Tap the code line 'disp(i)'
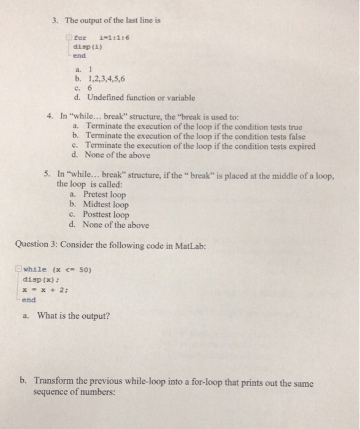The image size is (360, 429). (x=85, y=45)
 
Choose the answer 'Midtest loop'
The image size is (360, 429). (x=105, y=205)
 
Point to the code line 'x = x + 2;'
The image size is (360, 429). (x=44, y=290)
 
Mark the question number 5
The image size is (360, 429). (x=47, y=175)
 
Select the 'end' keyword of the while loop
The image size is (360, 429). (x=29, y=300)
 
